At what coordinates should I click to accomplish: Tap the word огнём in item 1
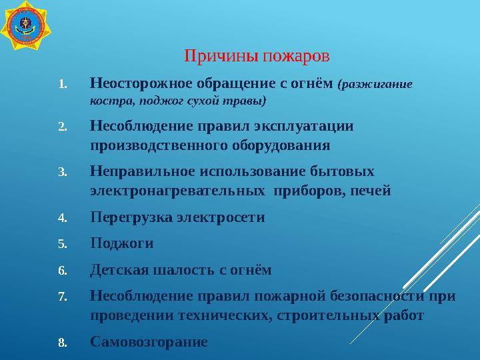[x=313, y=84]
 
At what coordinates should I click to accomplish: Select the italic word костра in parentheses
[x=109, y=101]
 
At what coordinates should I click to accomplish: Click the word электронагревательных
[x=175, y=191]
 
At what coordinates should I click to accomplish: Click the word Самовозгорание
[x=149, y=342]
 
